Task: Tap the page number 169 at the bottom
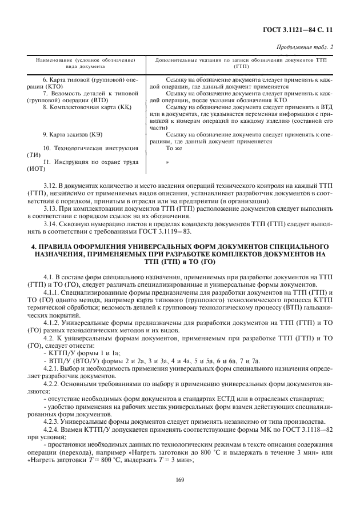(x=180, y=487)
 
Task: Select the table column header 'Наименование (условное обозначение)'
(x=85, y=59)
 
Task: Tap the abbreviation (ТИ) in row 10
(x=33, y=155)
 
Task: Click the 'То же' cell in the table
(x=173, y=148)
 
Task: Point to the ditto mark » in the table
(x=167, y=163)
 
